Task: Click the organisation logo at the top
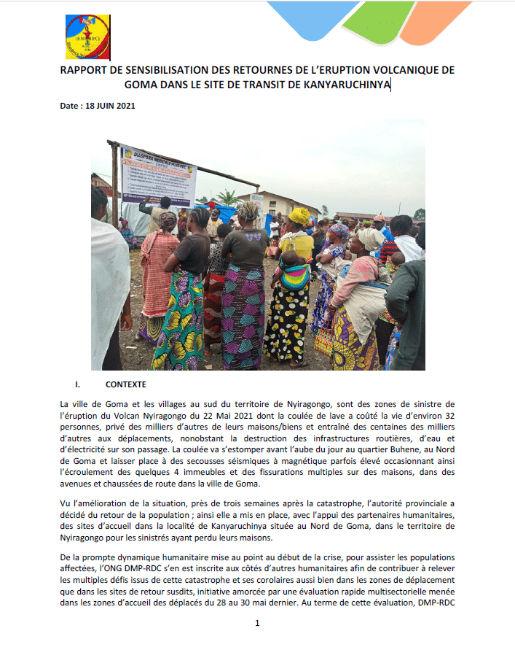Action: click(x=87, y=37)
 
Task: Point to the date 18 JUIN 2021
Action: click(x=111, y=106)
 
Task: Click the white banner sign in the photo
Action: click(x=158, y=174)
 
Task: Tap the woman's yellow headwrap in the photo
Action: click(x=299, y=216)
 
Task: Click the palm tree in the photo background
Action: click(x=228, y=196)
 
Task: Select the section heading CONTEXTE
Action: click(x=126, y=384)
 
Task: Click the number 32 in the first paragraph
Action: click(x=447, y=416)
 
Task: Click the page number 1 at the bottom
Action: click(x=257, y=624)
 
